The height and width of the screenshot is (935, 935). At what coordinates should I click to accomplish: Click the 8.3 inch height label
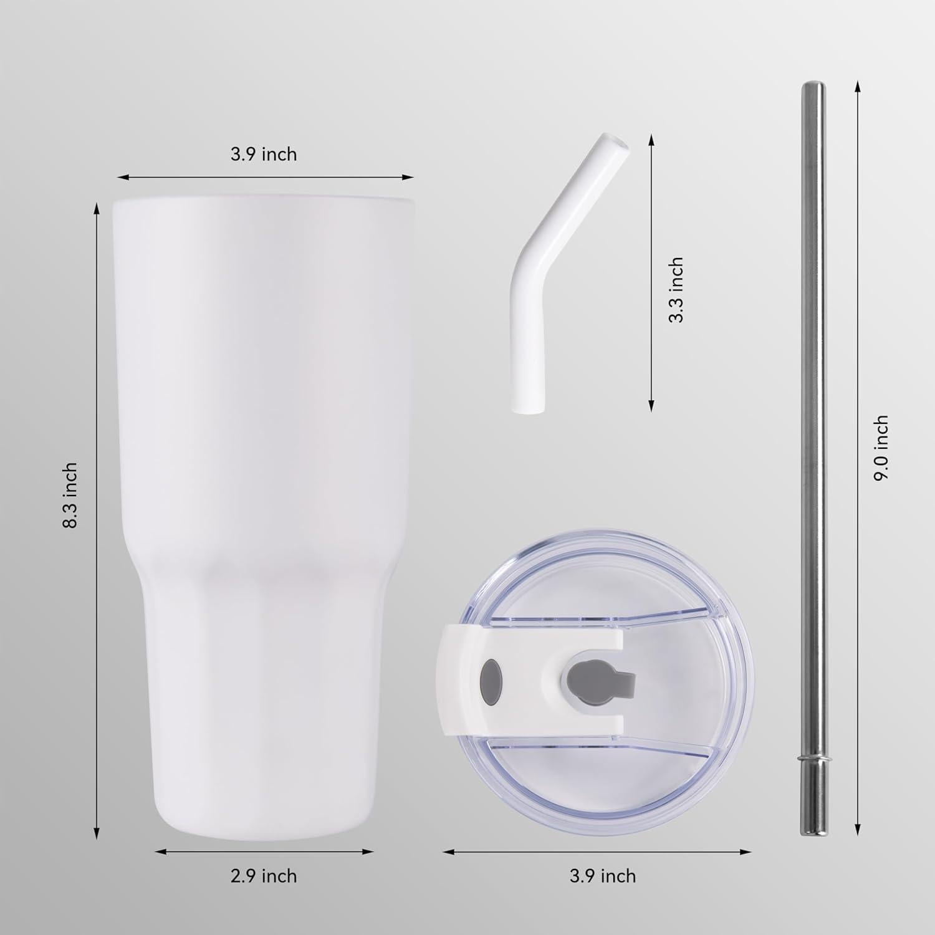[70, 496]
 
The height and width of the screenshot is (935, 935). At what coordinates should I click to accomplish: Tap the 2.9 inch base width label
[264, 876]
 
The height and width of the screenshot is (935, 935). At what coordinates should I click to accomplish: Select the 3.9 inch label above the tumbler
[264, 154]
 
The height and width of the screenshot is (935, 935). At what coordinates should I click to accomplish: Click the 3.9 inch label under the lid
[603, 876]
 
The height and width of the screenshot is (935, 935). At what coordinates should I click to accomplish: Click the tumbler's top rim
[264, 201]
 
